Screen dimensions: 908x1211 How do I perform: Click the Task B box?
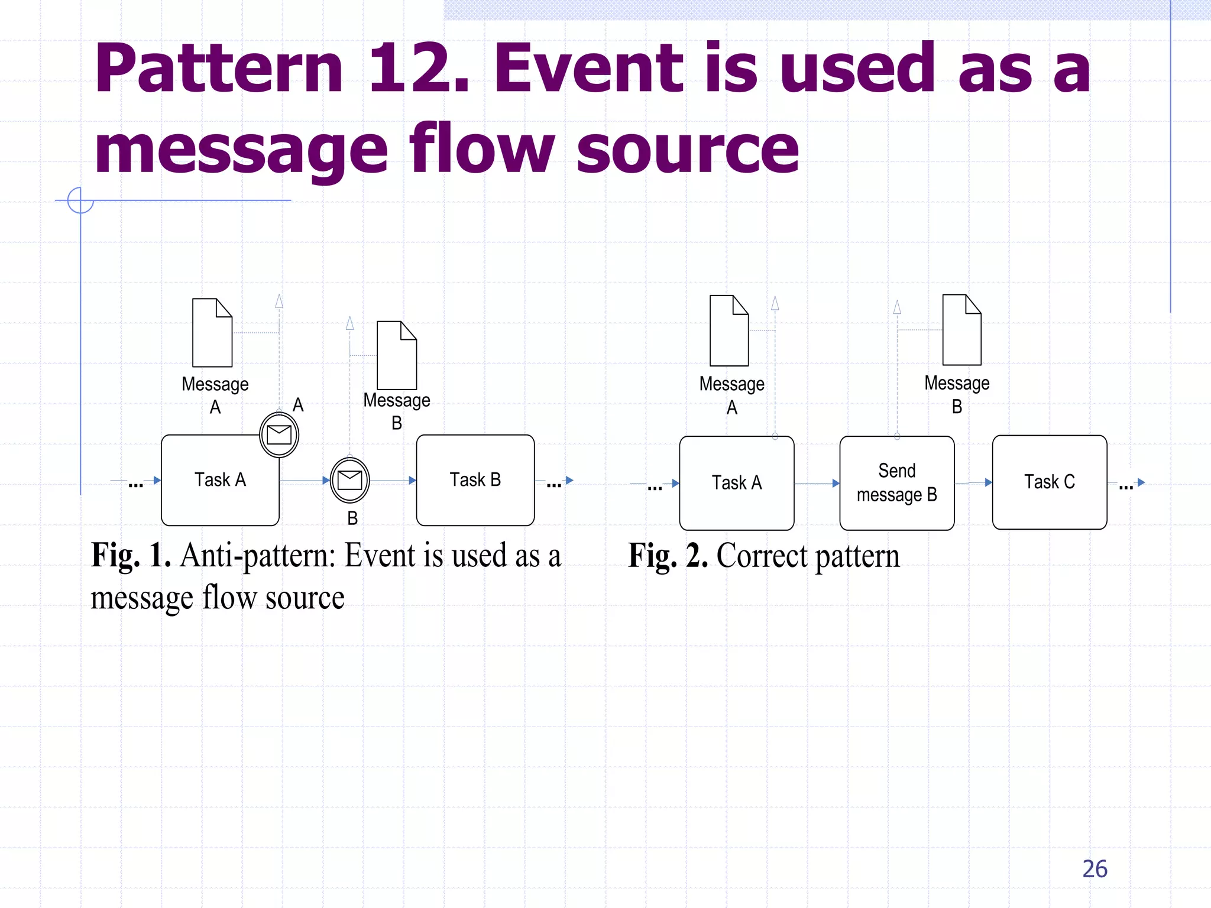pyautogui.click(x=475, y=480)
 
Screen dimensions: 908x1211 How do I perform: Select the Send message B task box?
pyautogui.click(x=896, y=483)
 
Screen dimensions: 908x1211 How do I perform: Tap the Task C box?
pyautogui.click(x=1049, y=482)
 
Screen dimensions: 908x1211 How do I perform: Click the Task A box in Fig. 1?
pyautogui.click(x=219, y=480)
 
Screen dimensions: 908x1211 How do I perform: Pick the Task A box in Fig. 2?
pyautogui.click(x=736, y=483)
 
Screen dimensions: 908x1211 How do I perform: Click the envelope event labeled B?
pyautogui.click(x=349, y=480)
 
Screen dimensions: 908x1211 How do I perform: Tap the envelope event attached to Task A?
pyautogui.click(x=279, y=435)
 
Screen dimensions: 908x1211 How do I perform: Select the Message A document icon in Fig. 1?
pyautogui.click(x=212, y=333)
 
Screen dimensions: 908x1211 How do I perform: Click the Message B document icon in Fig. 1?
pyautogui.click(x=397, y=355)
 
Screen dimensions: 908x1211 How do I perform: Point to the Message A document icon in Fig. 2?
pyautogui.click(x=729, y=330)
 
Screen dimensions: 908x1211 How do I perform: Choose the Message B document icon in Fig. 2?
pyautogui.click(x=961, y=330)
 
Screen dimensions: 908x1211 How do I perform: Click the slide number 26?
pyautogui.click(x=1095, y=869)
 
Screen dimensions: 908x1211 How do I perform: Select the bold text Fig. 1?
pyautogui.click(x=131, y=556)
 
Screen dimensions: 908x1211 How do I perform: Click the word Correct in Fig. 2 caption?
pyautogui.click(x=762, y=556)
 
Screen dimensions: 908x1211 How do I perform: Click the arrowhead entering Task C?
pyautogui.click(x=988, y=482)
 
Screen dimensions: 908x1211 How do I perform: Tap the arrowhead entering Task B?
pyautogui.click(x=412, y=481)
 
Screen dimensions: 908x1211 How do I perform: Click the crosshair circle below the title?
pyautogui.click(x=80, y=200)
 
